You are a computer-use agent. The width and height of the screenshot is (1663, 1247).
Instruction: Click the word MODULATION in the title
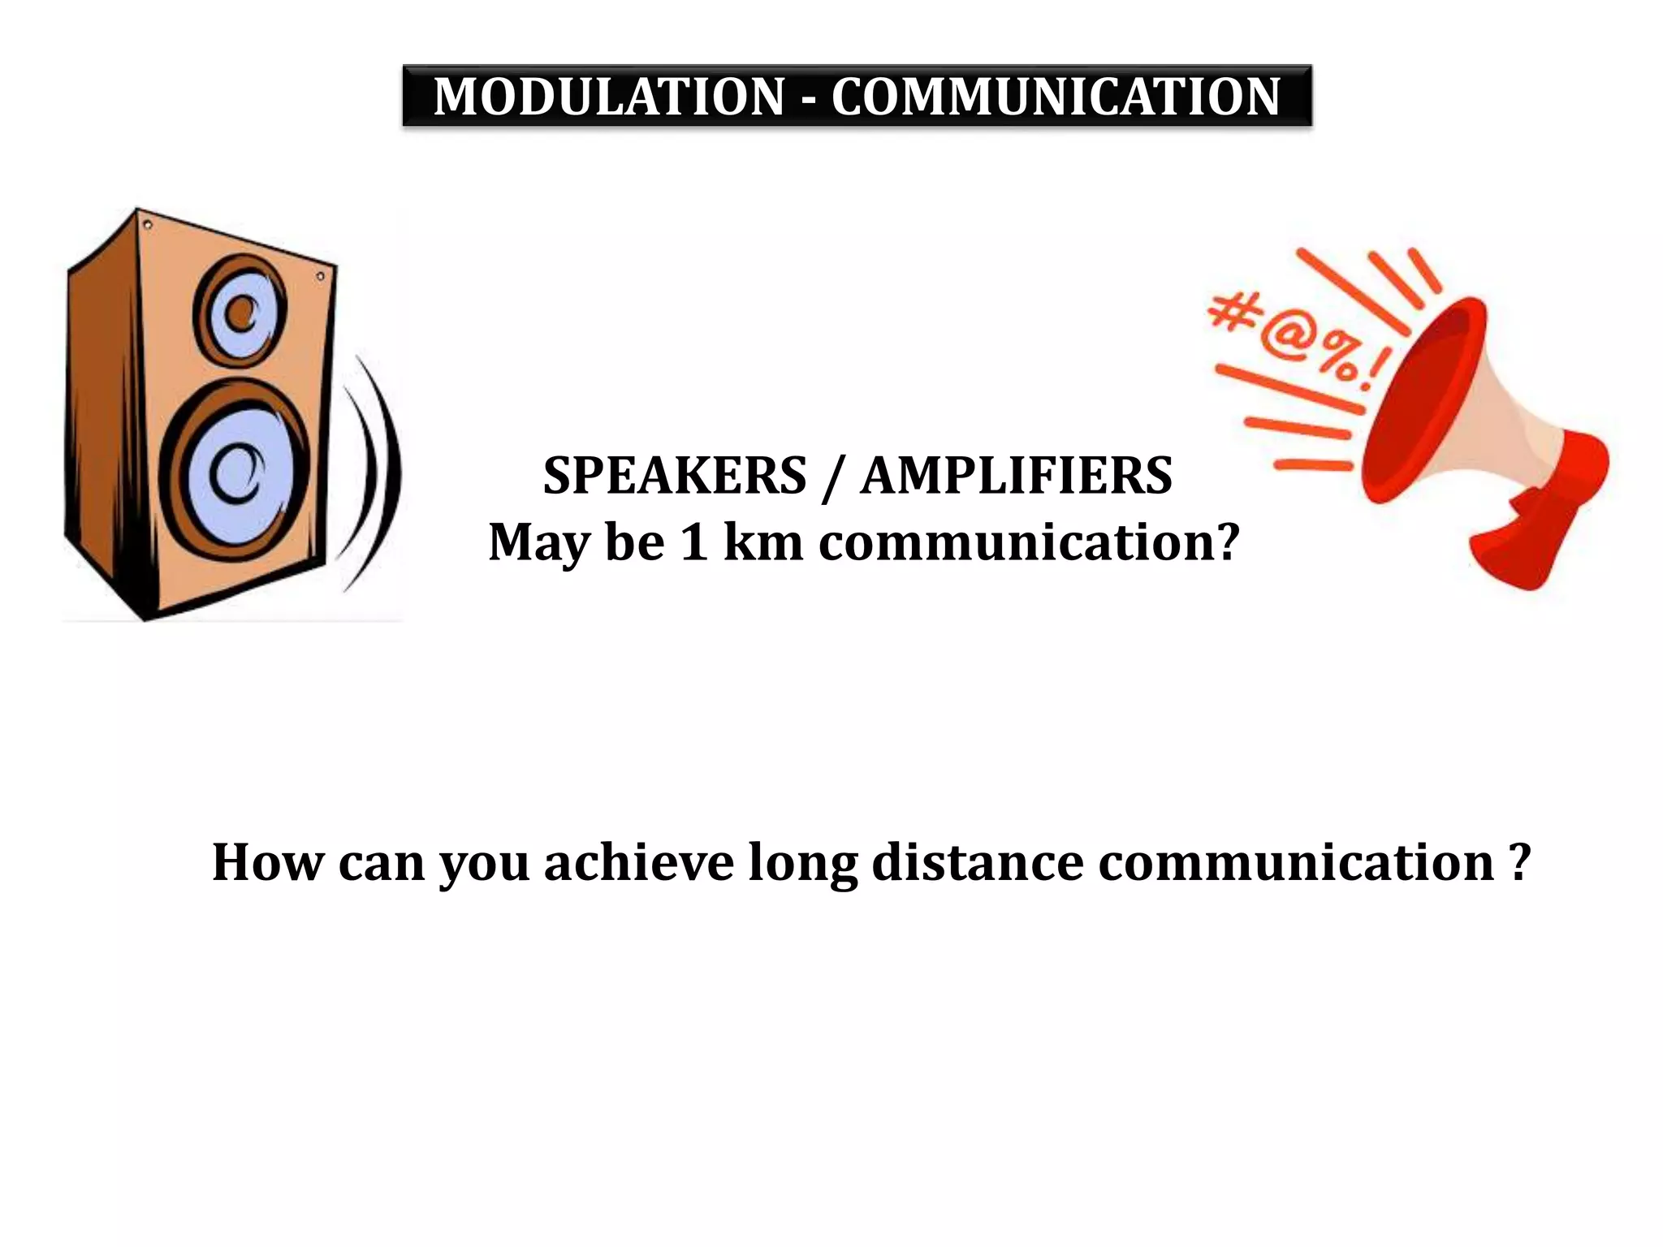tap(609, 97)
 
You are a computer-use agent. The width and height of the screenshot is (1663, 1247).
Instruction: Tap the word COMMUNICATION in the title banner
tap(1056, 97)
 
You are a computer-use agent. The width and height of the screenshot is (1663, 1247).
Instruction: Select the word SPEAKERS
tap(675, 476)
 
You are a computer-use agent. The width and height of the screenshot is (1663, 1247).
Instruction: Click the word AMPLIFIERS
tap(1017, 476)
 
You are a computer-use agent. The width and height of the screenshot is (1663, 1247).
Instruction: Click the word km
tap(762, 542)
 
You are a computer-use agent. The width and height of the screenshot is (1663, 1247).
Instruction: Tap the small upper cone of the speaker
tap(240, 313)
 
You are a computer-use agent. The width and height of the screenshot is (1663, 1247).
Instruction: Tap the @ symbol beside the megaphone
tap(1288, 342)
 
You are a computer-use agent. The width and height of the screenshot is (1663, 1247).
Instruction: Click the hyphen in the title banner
tap(808, 99)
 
